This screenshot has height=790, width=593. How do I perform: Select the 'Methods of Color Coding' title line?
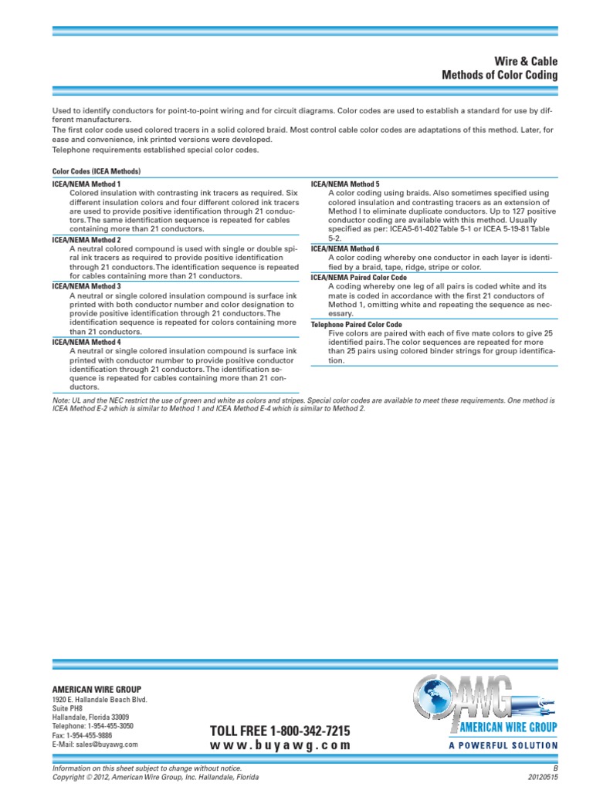499,76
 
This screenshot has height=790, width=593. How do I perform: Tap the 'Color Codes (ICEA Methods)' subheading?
96,171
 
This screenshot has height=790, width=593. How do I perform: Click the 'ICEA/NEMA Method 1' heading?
86,184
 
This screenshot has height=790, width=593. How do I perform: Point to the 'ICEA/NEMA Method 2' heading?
86,240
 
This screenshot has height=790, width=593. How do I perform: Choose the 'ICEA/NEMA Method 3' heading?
86,286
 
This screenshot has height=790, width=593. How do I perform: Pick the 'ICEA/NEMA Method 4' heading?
86,341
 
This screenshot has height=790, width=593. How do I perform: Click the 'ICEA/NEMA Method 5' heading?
344,184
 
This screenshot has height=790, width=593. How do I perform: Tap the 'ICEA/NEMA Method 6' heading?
344,248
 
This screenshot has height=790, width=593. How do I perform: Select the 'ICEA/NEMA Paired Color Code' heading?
358,277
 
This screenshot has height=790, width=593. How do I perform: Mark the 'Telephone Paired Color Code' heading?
356,325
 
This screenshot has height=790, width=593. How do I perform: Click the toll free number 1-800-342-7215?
280,731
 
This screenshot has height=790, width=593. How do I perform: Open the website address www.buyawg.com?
280,746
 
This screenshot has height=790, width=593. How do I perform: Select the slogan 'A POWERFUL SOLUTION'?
503,745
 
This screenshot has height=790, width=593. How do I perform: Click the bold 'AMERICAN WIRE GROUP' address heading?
97,689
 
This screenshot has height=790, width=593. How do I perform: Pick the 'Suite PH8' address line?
66,708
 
